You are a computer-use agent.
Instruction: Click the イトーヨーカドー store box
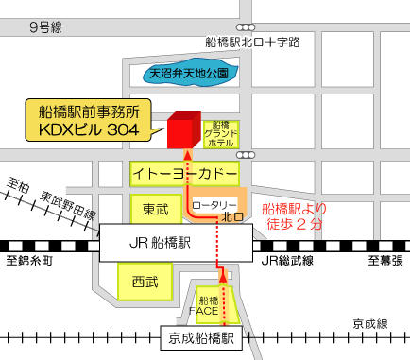(184, 174)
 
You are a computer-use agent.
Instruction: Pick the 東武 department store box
(149, 207)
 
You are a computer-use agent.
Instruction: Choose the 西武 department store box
(145, 281)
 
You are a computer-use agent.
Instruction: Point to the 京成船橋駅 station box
(200, 335)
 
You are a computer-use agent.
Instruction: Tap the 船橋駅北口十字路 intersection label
(252, 42)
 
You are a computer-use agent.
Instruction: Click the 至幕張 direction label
(384, 260)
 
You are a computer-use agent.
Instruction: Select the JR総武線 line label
(288, 260)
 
